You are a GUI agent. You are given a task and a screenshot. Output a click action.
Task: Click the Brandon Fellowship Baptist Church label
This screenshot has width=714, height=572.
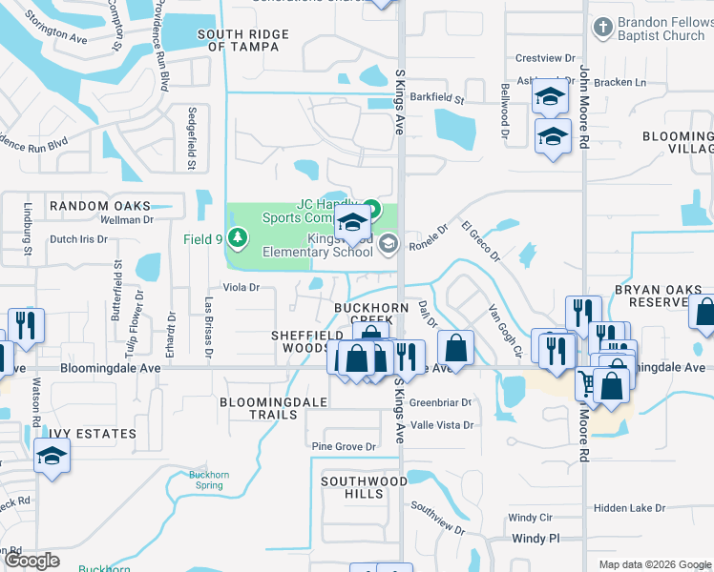(661, 29)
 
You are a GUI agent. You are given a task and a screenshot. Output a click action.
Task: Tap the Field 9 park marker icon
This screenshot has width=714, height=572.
(238, 237)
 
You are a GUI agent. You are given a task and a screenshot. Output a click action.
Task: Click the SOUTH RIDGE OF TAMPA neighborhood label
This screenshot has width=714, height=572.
(242, 40)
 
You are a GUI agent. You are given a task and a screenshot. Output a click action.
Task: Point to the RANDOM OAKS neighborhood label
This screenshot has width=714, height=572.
(100, 206)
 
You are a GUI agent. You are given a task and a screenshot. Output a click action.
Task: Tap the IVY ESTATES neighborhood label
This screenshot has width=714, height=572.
(93, 434)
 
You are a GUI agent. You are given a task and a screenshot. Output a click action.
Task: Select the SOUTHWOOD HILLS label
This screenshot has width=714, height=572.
(364, 488)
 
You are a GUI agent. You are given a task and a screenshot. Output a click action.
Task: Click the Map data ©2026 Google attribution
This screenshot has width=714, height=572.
(655, 564)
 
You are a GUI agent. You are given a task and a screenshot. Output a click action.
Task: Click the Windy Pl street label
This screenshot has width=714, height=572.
(535, 539)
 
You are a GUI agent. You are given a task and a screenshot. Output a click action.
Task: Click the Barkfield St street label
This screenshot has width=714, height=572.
(436, 98)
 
